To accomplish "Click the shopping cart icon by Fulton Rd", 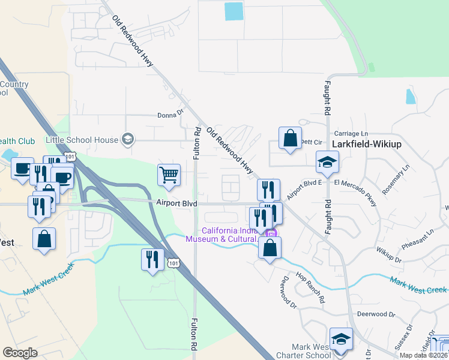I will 169,175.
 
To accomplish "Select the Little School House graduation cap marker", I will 127,140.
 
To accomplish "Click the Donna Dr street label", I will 170,114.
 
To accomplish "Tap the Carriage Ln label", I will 351,133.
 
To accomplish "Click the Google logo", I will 20,353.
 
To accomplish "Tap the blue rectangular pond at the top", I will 234,11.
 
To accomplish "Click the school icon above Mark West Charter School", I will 341,338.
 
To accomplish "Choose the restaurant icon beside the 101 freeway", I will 152,259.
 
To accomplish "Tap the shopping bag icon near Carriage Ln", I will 291,138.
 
